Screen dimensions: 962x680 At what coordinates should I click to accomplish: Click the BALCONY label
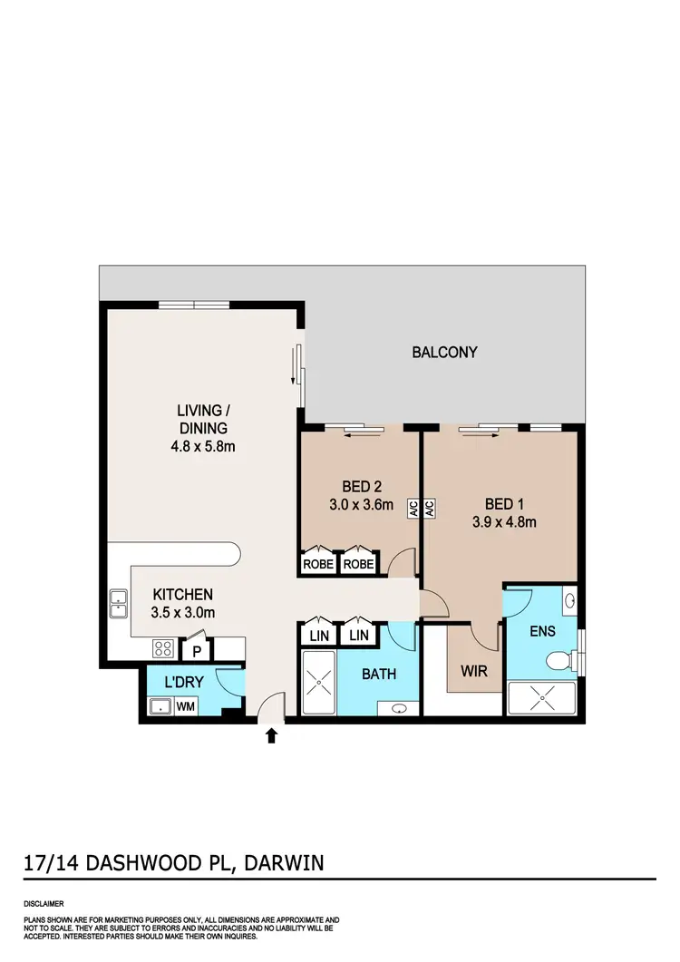444,352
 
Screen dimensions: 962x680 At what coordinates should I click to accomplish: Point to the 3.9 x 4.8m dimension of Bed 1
504,521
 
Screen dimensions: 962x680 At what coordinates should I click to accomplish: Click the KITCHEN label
182,595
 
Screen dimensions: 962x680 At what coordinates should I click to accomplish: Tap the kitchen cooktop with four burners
163,648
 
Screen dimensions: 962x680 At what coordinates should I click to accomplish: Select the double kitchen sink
119,602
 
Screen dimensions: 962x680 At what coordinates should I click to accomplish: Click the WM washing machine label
186,706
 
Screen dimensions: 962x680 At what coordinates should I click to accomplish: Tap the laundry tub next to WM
160,706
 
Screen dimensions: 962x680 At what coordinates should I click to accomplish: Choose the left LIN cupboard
319,636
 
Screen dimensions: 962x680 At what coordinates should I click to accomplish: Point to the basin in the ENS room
568,600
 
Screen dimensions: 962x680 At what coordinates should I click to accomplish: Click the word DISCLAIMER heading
44,904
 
